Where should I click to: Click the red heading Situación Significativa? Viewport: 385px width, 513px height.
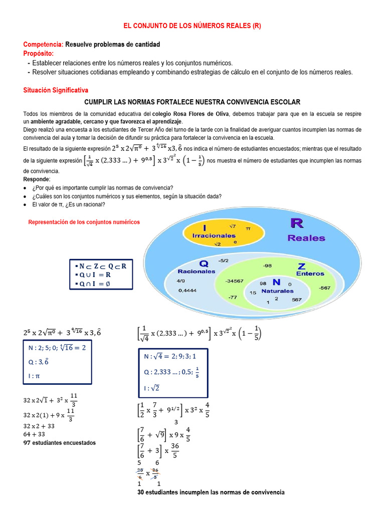(56, 90)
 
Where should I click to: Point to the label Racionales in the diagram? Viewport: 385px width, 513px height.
(196, 271)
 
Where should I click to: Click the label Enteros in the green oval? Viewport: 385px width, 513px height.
(310, 274)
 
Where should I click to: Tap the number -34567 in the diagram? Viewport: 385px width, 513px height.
(234, 281)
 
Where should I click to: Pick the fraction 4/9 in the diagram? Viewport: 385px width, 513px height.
(181, 281)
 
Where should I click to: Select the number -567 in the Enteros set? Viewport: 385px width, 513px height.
(324, 288)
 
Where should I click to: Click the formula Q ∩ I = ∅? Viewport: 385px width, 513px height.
(99, 284)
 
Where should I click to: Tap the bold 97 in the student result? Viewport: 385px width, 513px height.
(28, 443)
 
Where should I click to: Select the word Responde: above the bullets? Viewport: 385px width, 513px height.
(37, 179)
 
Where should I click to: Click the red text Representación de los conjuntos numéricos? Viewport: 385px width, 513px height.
(84, 222)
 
